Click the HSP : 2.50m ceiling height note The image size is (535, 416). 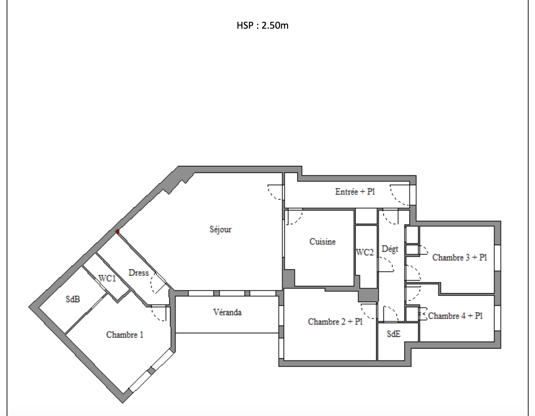point(263,25)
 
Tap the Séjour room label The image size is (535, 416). point(220,229)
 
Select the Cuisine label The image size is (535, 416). point(322,242)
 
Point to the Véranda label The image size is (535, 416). point(227,312)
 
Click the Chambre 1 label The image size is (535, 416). point(124,334)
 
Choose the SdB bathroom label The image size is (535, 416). point(73,299)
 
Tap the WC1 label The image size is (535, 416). point(107,278)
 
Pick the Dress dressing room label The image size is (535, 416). point(139,273)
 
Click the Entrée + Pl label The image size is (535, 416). point(355,191)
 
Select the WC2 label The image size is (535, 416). point(365,252)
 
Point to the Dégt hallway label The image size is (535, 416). point(390,249)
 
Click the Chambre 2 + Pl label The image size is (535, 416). point(335,321)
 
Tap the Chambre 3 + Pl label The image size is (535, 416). point(460,257)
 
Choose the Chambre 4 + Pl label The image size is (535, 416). point(455,315)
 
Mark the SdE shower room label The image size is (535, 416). point(394,334)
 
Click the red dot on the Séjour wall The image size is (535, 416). point(118,231)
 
